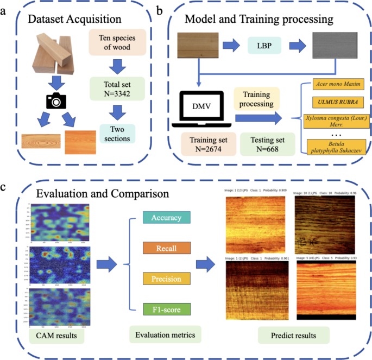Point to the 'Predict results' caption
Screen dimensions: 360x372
coord(293,336)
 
